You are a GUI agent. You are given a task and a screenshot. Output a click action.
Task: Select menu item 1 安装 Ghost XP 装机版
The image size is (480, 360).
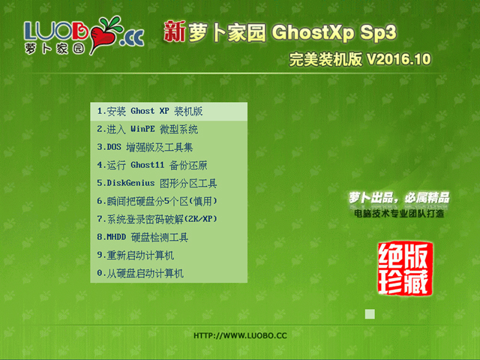[x=150, y=111]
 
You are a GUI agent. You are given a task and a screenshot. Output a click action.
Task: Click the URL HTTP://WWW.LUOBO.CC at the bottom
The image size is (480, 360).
[x=240, y=335]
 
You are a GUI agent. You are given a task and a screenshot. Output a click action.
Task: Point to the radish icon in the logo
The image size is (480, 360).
[x=104, y=30]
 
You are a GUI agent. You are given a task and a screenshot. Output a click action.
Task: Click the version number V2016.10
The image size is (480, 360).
[x=398, y=60]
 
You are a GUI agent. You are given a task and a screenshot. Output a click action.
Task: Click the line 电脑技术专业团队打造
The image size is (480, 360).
[x=399, y=214]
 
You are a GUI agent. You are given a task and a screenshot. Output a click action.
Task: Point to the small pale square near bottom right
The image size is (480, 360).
[x=369, y=314]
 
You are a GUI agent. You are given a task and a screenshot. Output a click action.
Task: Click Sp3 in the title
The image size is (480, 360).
[x=377, y=32]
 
